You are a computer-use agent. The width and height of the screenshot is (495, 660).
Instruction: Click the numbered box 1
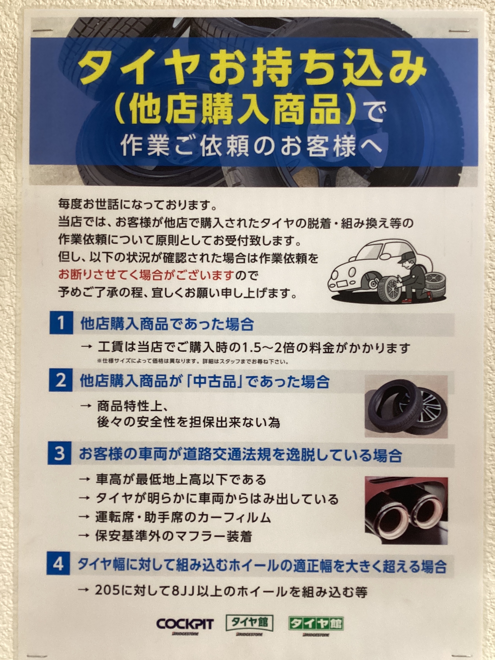(x=61, y=323)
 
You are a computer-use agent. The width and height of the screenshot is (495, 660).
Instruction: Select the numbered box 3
(x=59, y=453)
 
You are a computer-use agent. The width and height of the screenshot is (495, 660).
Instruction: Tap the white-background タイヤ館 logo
(x=249, y=624)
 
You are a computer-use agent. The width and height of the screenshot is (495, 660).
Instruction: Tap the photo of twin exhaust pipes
(x=406, y=510)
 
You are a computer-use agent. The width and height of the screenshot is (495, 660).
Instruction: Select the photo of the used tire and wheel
(x=406, y=406)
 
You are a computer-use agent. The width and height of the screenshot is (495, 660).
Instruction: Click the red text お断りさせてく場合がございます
(x=145, y=274)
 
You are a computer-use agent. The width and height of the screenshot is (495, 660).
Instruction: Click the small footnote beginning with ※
(x=193, y=362)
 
